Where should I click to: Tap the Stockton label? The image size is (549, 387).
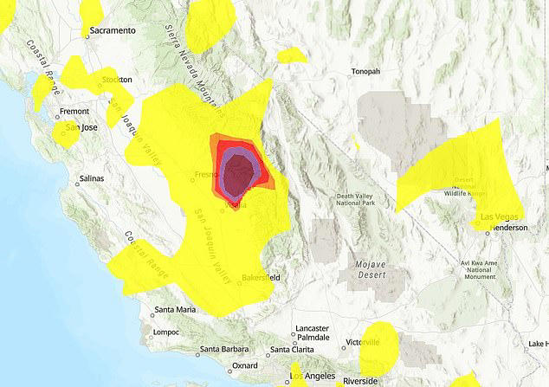117,80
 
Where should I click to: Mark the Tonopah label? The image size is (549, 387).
365,71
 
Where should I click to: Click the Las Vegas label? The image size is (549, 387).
491,216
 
